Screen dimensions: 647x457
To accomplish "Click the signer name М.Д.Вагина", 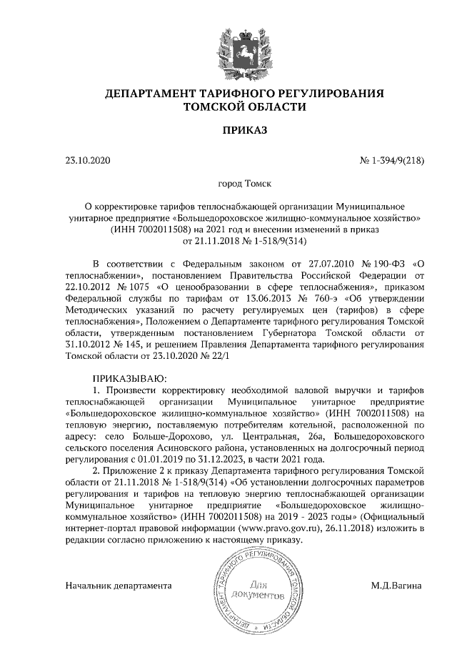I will click(396, 586).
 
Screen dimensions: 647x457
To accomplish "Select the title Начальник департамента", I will click(119, 586).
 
